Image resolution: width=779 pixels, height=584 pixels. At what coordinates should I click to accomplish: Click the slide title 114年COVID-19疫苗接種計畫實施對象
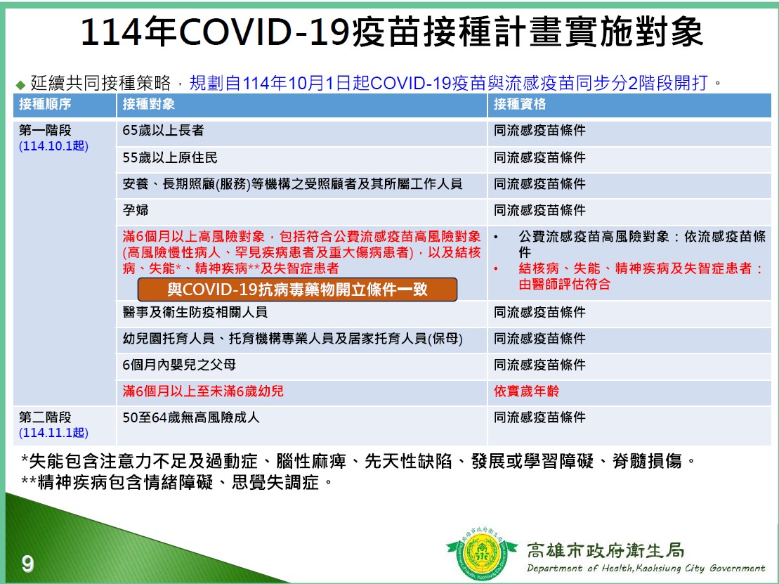(391, 32)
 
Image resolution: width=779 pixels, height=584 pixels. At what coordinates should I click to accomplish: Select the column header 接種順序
(45, 104)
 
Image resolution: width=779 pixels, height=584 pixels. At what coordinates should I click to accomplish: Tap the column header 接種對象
(148, 104)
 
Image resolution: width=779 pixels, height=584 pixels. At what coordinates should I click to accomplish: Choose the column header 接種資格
(520, 104)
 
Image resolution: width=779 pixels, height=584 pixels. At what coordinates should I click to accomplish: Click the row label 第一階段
(45, 130)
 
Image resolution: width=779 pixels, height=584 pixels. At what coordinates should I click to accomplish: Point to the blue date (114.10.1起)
(53, 146)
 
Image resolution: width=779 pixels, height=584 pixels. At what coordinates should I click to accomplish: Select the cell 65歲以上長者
(163, 130)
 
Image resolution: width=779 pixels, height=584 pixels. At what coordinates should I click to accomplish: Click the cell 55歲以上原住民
(170, 157)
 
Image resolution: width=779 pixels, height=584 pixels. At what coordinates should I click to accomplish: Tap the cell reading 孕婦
(136, 209)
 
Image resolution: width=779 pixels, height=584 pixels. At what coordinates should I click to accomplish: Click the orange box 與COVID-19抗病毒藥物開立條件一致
(297, 290)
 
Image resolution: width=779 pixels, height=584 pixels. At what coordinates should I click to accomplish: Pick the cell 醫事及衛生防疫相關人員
(195, 312)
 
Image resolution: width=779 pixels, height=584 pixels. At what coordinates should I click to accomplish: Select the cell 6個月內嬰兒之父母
(179, 365)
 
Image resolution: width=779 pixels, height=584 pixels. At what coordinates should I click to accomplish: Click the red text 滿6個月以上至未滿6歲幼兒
(203, 391)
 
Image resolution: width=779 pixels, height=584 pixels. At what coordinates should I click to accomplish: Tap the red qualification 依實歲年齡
(526, 391)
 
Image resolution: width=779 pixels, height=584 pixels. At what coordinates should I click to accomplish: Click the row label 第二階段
(45, 417)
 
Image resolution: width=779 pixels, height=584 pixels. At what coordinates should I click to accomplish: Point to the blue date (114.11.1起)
(53, 433)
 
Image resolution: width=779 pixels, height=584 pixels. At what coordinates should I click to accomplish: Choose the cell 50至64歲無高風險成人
(191, 417)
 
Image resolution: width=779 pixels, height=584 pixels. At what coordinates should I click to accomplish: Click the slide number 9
(28, 564)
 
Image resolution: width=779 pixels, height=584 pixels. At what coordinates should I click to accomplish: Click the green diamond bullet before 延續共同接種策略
(20, 84)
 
